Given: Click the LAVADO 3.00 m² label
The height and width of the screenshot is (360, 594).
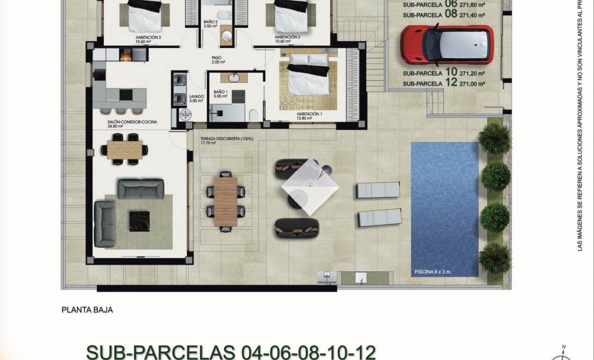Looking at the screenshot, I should click(x=196, y=99).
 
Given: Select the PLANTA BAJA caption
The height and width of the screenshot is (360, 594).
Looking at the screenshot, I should click(x=86, y=310).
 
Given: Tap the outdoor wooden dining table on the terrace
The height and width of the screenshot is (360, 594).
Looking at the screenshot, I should click(x=225, y=200).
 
